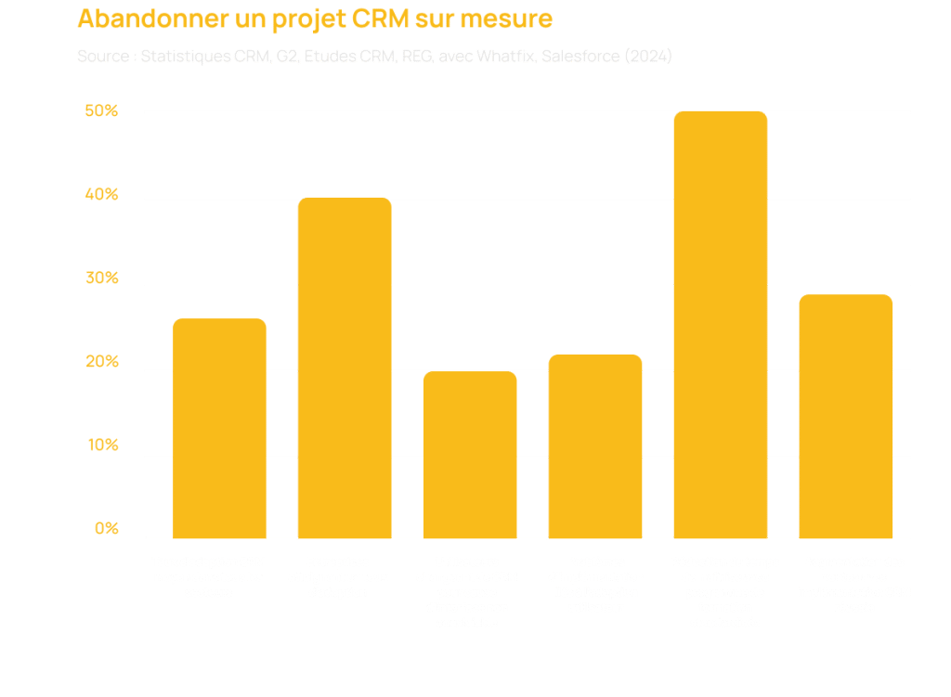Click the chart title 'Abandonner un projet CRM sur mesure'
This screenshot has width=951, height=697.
(315, 19)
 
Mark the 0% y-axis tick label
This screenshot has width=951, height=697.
(106, 530)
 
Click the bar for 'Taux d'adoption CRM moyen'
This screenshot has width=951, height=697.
(220, 429)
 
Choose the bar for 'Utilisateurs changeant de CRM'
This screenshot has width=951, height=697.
(470, 455)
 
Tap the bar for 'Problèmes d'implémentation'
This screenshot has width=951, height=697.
(595, 446)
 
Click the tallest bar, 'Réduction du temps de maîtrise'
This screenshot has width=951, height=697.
(721, 325)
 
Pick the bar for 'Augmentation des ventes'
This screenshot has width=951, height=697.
(846, 417)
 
